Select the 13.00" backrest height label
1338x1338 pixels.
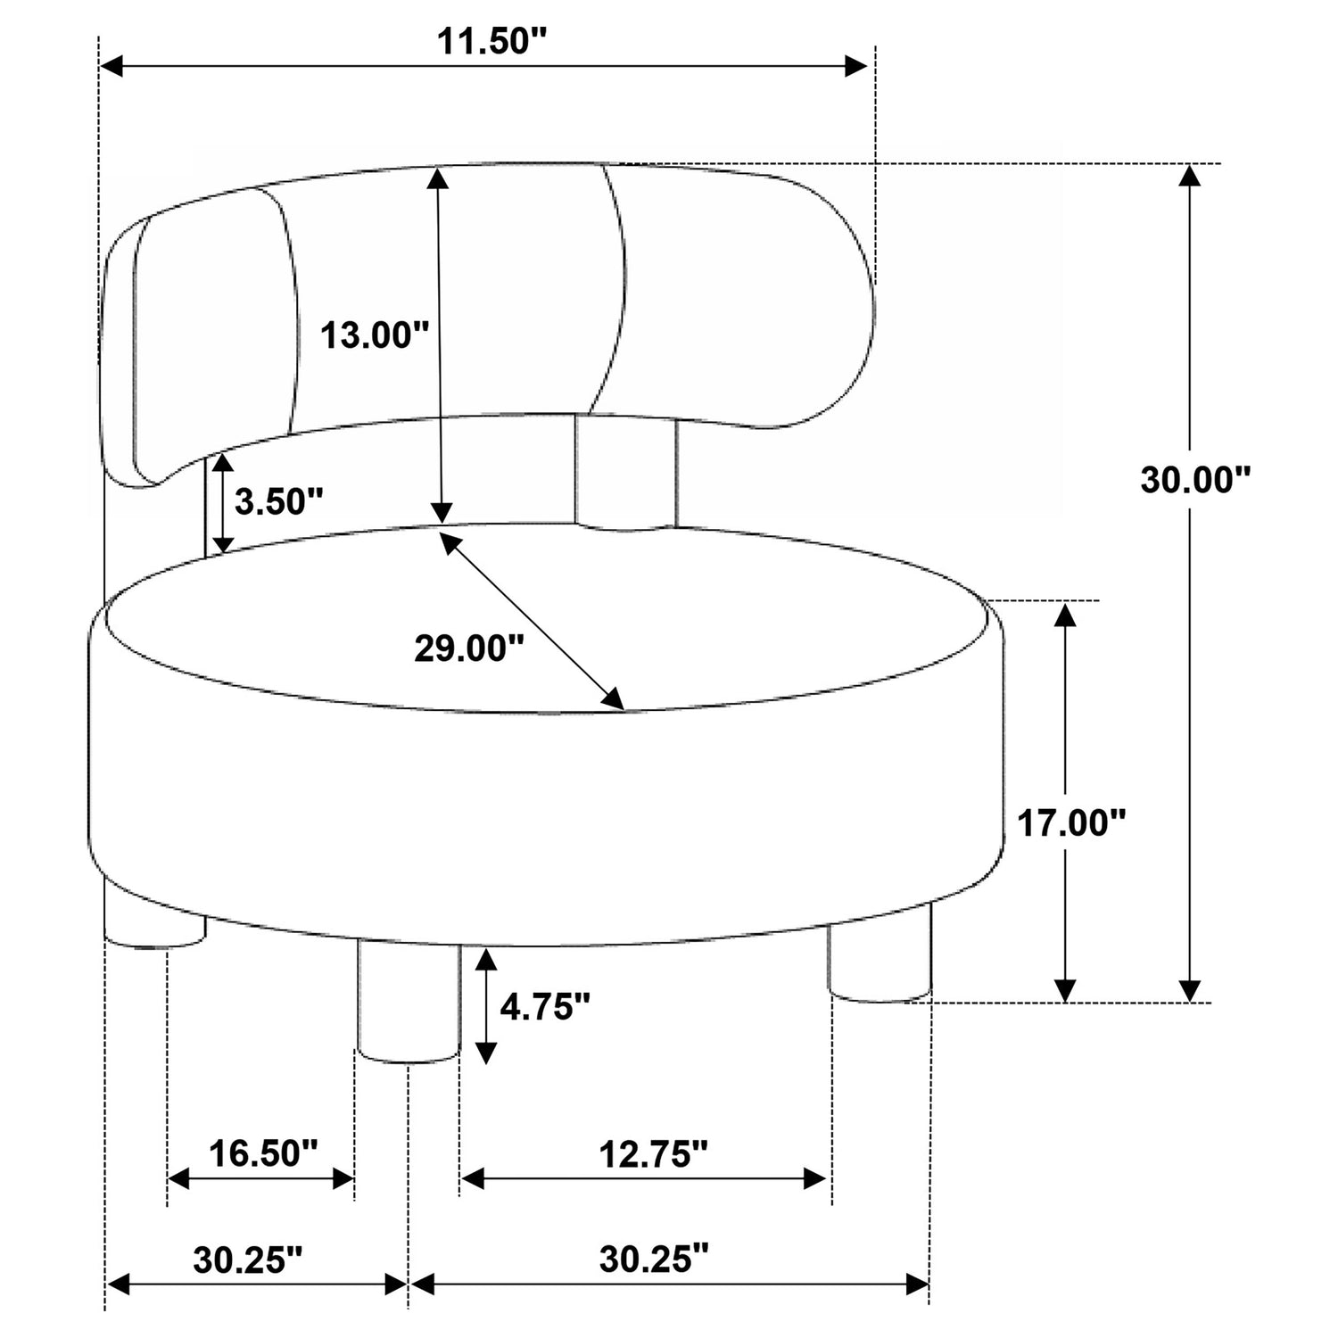(x=375, y=335)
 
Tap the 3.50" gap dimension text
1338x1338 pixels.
(x=278, y=501)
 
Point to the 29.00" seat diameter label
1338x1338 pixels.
(x=469, y=648)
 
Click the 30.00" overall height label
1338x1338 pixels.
(x=1196, y=480)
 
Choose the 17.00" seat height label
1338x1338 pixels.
(x=1072, y=823)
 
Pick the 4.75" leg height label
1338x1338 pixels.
(x=545, y=1007)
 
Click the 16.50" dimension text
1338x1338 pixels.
(x=263, y=1152)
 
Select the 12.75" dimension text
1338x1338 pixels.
(x=653, y=1154)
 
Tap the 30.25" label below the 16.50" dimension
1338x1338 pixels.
(x=248, y=1260)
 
